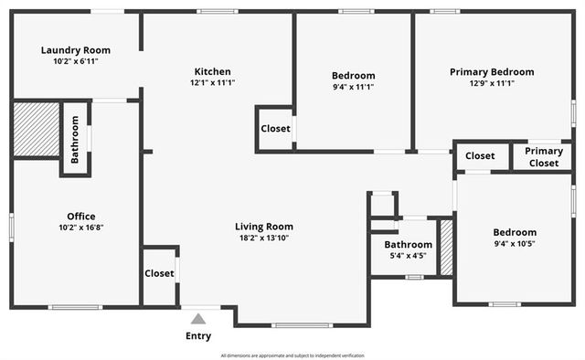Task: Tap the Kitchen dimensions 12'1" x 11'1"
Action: tap(212, 83)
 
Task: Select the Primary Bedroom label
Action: tap(492, 71)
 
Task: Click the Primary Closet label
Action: tap(543, 157)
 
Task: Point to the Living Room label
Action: tap(263, 227)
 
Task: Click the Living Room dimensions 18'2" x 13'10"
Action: tap(263, 238)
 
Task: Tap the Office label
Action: tap(80, 217)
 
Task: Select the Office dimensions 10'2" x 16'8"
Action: tap(80, 228)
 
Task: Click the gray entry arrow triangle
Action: tap(198, 319)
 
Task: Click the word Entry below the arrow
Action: tap(198, 335)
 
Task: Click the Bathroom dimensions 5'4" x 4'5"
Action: tap(408, 256)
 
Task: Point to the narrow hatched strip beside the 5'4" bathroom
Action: tap(447, 247)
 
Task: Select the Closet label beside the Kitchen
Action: tap(276, 129)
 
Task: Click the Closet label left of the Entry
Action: tap(159, 273)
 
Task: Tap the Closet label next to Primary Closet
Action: tap(480, 156)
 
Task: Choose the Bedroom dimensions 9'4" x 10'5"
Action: tap(515, 244)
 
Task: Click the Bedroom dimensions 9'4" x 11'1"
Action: tap(353, 87)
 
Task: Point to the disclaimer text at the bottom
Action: tap(292, 355)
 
